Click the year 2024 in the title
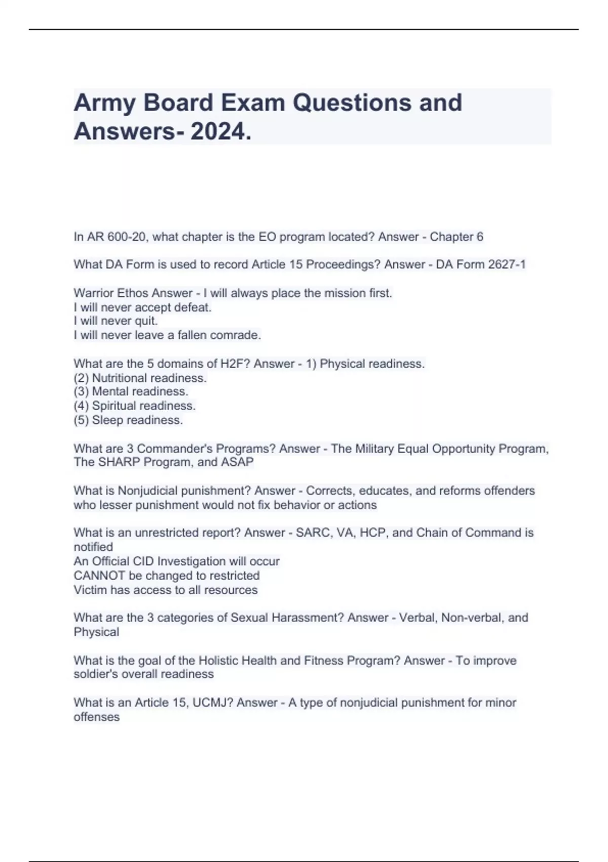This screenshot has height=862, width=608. [220, 132]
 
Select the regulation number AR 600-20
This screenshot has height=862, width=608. [117, 237]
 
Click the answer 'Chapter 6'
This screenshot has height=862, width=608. [457, 237]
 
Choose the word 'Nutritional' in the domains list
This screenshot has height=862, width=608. [119, 378]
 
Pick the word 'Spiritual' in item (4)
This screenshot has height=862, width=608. [116, 406]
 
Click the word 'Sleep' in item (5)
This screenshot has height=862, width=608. [107, 420]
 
